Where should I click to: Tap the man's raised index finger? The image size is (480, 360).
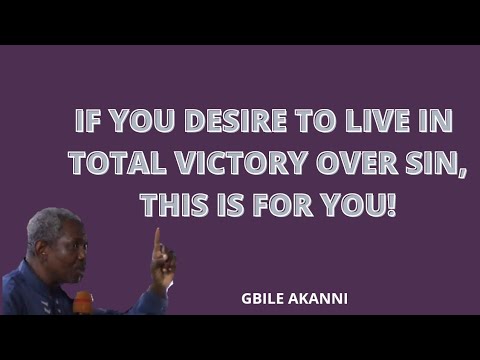(156, 240)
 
